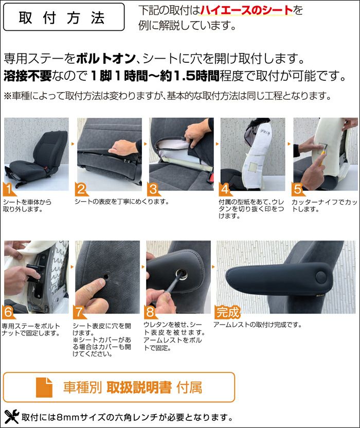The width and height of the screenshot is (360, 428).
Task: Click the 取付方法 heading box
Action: pos(64,17)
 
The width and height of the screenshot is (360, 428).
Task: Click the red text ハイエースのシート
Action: pos(247,10)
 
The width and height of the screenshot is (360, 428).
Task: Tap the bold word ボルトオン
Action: pos(106,59)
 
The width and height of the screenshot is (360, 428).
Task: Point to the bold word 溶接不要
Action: pos(28,76)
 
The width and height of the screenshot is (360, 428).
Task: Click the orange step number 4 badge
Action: pos(225,189)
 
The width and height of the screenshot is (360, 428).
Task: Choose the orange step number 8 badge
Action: pos(150,312)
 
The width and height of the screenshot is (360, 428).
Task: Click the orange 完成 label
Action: pos(227,312)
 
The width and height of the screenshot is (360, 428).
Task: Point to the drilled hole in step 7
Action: pos(106,277)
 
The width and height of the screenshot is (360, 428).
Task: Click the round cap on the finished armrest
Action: pos(321,277)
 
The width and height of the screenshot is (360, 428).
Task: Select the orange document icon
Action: pos(44,387)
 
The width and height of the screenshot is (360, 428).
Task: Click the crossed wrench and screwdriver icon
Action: pos(11,417)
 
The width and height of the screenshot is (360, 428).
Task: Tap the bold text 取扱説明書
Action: pos(139,387)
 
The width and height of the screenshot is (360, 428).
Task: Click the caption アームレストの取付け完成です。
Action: pos(257,325)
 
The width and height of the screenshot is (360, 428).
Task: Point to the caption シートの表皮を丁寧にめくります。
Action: pos(122,202)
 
